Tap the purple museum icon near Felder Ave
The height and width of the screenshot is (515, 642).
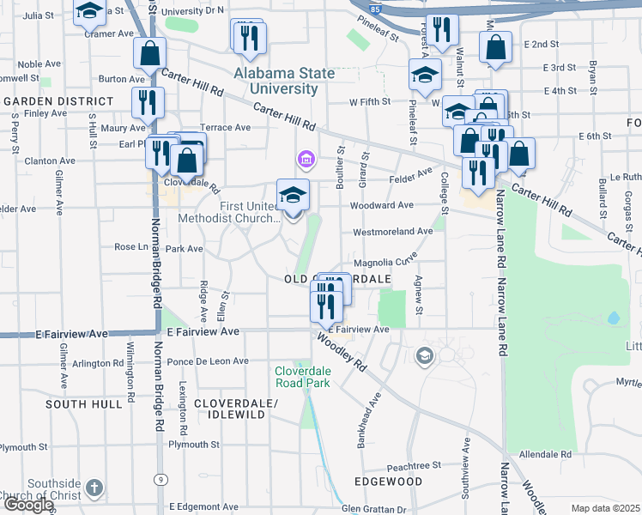point(304,159)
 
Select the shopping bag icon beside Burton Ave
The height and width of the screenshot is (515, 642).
point(149,52)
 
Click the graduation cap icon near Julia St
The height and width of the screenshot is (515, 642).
point(89,12)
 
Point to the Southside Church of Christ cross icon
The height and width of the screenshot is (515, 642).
point(94,488)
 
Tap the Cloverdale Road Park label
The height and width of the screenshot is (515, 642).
point(302,377)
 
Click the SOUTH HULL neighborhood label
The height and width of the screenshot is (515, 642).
point(84,403)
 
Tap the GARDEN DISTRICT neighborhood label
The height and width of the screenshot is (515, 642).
point(59,101)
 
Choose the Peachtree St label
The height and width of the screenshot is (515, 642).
point(413,464)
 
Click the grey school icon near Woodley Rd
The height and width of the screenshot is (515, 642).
point(423,354)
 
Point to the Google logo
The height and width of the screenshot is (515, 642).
point(28,505)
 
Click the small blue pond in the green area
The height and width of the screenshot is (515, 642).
point(613,318)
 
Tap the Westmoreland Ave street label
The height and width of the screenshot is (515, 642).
point(393,232)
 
